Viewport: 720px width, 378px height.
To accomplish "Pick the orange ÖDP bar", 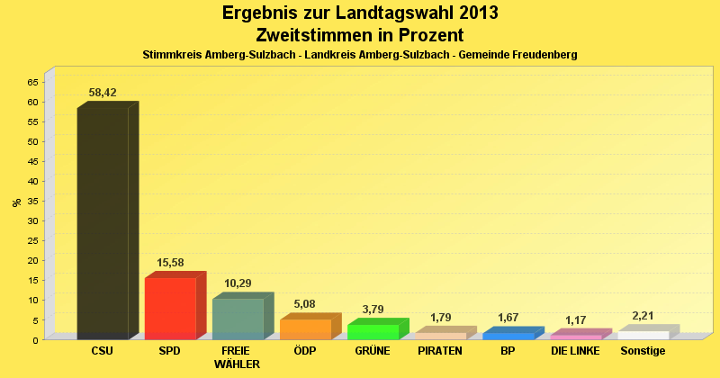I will click(x=305, y=328).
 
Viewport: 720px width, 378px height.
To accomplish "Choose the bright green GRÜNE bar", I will click(x=373, y=331).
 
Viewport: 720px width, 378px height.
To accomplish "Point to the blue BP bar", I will click(x=508, y=336).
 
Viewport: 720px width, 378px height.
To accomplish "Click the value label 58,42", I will click(x=103, y=93).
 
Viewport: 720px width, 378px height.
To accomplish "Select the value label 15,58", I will click(x=170, y=263).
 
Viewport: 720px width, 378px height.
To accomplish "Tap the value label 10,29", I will click(x=238, y=283).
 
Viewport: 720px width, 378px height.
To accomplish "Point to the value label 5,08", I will click(x=305, y=304).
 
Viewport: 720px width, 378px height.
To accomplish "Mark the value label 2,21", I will click(x=643, y=316).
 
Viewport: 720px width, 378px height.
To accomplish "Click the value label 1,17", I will click(x=575, y=320).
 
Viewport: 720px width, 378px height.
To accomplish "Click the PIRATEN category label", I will click(x=440, y=351).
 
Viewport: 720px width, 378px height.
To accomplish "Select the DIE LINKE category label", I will click(x=575, y=351).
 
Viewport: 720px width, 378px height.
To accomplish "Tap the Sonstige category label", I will click(x=643, y=351).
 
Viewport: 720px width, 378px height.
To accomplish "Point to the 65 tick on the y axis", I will click(x=32, y=82).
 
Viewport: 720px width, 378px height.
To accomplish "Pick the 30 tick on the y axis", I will click(x=32, y=220).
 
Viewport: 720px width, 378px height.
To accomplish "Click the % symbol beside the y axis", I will click(x=17, y=202).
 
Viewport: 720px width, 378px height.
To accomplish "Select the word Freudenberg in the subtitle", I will click(x=531, y=55).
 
